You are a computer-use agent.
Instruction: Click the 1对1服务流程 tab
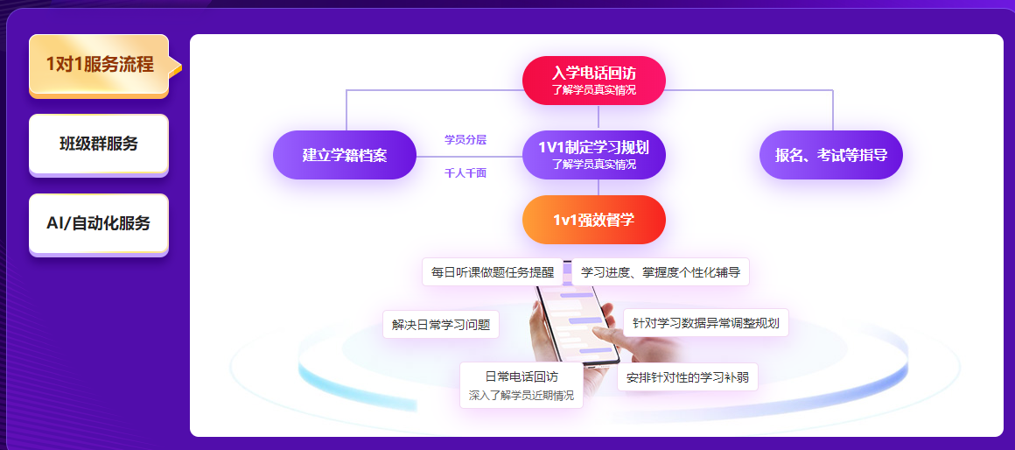point(99,65)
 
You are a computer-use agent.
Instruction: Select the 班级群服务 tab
point(99,144)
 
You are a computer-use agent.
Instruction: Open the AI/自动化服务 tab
point(99,223)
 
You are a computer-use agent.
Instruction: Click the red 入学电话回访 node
point(594,80)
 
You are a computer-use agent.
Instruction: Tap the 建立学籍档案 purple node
point(345,155)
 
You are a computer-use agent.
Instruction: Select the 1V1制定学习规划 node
point(594,155)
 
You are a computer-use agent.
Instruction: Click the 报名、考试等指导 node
point(830,155)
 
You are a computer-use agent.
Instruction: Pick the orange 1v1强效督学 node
point(594,220)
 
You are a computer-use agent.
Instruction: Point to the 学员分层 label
point(465,139)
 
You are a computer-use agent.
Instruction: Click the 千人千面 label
point(465,173)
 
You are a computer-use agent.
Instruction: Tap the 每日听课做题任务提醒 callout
point(492,272)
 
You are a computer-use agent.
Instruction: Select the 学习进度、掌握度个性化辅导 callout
point(661,272)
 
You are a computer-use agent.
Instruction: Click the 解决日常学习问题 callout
point(441,325)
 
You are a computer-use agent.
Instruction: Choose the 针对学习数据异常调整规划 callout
point(706,322)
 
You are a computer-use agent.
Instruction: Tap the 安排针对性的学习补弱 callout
point(688,377)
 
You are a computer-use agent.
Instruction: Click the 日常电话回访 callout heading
point(521,376)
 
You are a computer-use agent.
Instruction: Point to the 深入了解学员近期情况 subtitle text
point(521,396)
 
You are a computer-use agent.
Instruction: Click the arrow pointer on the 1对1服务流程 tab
point(175,67)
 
